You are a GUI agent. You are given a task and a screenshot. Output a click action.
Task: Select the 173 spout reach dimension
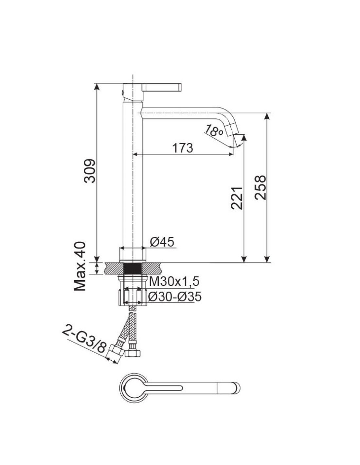pyautogui.click(x=183, y=148)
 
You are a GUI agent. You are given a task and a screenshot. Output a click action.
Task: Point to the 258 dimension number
pyautogui.click(x=261, y=188)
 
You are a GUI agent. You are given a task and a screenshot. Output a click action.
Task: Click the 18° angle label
pyautogui.click(x=213, y=130)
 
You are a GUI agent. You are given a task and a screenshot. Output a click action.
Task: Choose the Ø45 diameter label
pyautogui.click(x=162, y=242)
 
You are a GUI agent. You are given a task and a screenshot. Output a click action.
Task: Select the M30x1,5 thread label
pyautogui.click(x=174, y=282)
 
